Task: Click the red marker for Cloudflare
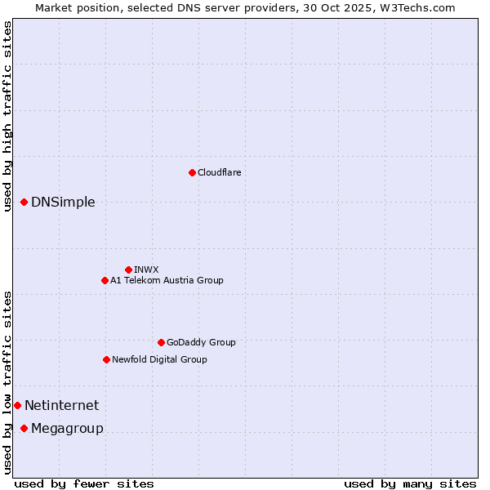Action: (192, 172)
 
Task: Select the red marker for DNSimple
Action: (24, 202)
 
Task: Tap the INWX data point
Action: (128, 269)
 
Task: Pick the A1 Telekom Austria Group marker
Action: (105, 280)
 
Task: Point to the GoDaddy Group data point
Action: (161, 342)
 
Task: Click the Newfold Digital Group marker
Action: (106, 359)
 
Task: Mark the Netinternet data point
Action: (17, 405)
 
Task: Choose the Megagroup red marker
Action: (24, 428)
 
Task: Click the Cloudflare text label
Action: (219, 172)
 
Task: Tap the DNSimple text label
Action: (63, 203)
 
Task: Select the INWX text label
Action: (146, 269)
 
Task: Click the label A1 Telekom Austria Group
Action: (167, 280)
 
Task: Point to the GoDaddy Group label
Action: (201, 342)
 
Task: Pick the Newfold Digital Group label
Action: (159, 359)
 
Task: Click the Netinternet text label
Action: (61, 405)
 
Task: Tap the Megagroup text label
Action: (67, 429)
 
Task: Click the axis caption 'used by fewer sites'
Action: (84, 483)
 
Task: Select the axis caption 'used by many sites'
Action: (410, 483)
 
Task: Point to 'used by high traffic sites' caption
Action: (7, 116)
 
